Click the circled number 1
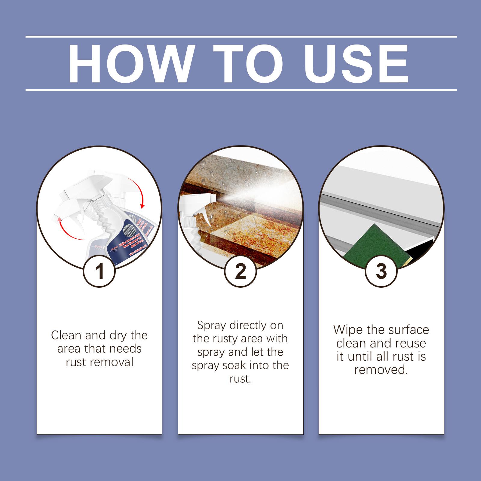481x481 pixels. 99,271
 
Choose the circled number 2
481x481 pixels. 240,271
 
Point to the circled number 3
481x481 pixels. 381,271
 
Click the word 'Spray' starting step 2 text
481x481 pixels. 211,326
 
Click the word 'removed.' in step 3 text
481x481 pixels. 381,370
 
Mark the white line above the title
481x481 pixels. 240,37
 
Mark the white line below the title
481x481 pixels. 240,90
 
